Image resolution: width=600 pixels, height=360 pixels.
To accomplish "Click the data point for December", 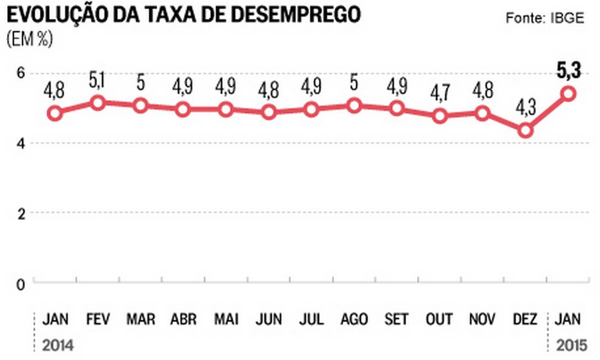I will (x=525, y=131).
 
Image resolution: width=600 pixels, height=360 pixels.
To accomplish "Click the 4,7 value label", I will (x=440, y=94).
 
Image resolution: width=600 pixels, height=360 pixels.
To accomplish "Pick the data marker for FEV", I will (x=97, y=103).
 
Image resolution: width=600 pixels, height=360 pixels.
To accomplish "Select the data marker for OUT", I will (x=440, y=117).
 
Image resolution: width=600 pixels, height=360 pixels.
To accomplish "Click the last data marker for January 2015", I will (x=568, y=94).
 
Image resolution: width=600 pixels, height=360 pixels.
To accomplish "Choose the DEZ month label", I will (x=525, y=319).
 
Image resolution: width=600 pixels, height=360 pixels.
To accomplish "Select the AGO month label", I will (x=354, y=319).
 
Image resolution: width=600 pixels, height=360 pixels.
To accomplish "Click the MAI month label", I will (x=226, y=319).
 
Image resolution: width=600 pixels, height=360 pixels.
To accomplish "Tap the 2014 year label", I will (x=57, y=347).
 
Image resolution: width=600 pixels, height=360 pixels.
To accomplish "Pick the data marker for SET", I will (x=397, y=108).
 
